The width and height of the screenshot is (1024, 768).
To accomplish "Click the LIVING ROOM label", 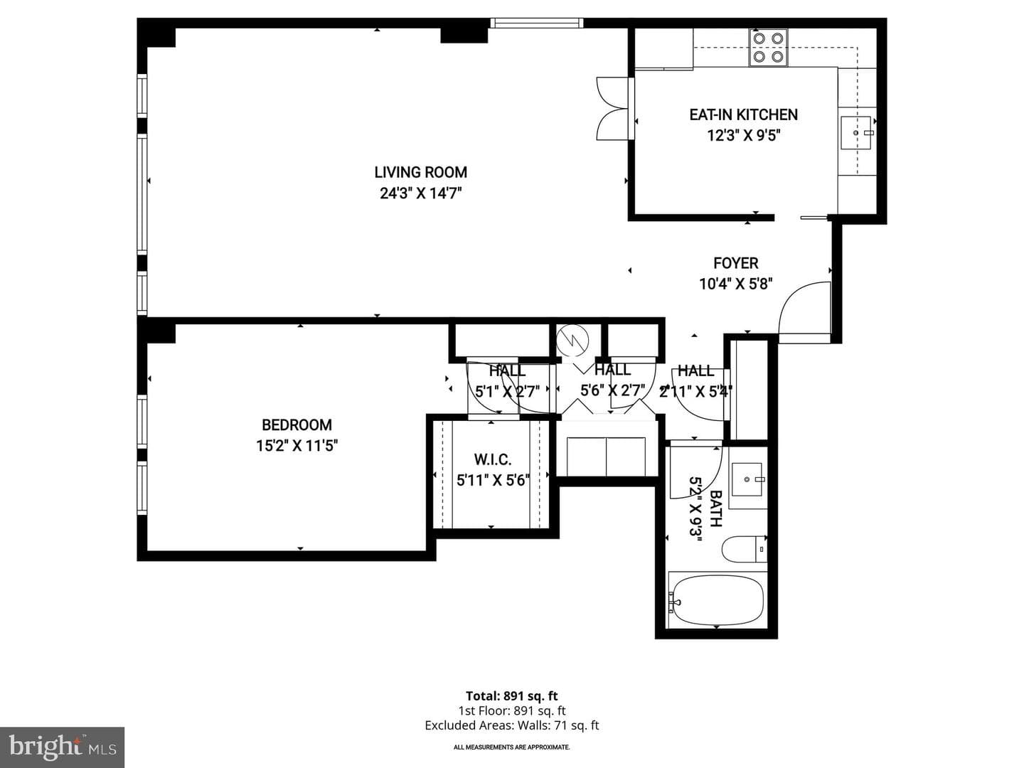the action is coord(420,172).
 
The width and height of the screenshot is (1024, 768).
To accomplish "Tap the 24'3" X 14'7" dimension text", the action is coord(420,193).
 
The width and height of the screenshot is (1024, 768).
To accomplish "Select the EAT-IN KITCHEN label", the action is coord(743,114).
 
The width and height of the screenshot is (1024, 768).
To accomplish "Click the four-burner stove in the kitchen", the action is coord(768,48).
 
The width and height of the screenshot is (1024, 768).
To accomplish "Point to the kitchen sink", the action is coord(856,133).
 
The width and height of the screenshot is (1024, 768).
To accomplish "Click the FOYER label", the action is coord(736,263).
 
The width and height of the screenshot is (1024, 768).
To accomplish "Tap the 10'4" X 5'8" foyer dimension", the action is coord(736,284).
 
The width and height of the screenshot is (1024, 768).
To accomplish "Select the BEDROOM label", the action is coord(297,425).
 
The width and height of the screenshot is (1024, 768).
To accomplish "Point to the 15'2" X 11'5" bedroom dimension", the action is coord(297,446).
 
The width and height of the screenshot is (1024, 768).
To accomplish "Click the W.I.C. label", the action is coord(493,460).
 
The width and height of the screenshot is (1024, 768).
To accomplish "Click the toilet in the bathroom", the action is coord(745,549).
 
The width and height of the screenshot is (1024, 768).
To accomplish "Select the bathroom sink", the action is coord(747,480).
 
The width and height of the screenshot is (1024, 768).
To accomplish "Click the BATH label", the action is coord(715,508).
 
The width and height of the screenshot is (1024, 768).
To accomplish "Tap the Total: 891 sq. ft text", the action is coord(512,696).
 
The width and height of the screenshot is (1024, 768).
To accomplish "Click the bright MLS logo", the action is coord(62,747).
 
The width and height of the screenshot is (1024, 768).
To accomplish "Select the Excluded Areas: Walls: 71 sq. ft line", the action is coord(512,725).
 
